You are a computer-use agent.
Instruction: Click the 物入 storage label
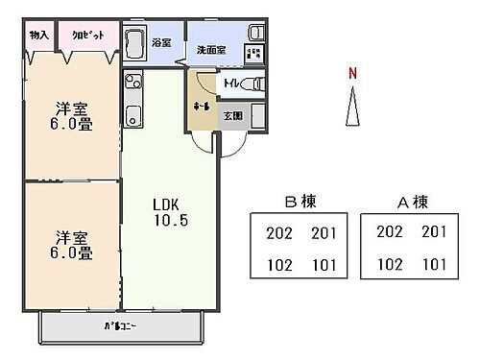pyautogui.click(x=39, y=34)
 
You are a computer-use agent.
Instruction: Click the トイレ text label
pyautogui.click(x=231, y=84)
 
